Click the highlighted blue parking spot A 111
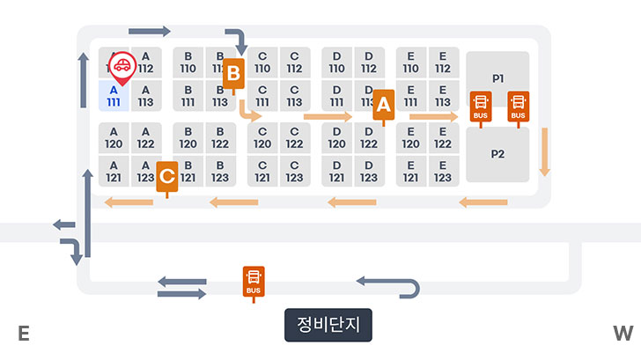coord(114,96)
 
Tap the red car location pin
coord(122,67)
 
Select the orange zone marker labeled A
coord(383,105)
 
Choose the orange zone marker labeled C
coord(167,176)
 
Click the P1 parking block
coord(497,78)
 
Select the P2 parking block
coord(497,154)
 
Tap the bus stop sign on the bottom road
coord(254,283)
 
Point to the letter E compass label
coord(24,333)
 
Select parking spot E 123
coord(442,172)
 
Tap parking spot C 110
coord(262,62)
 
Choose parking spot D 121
coord(336,172)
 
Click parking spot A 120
coord(114,138)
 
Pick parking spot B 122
coord(220,138)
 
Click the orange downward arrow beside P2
coord(545,151)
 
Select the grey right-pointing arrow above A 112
coord(149,32)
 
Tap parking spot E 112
coord(442,62)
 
